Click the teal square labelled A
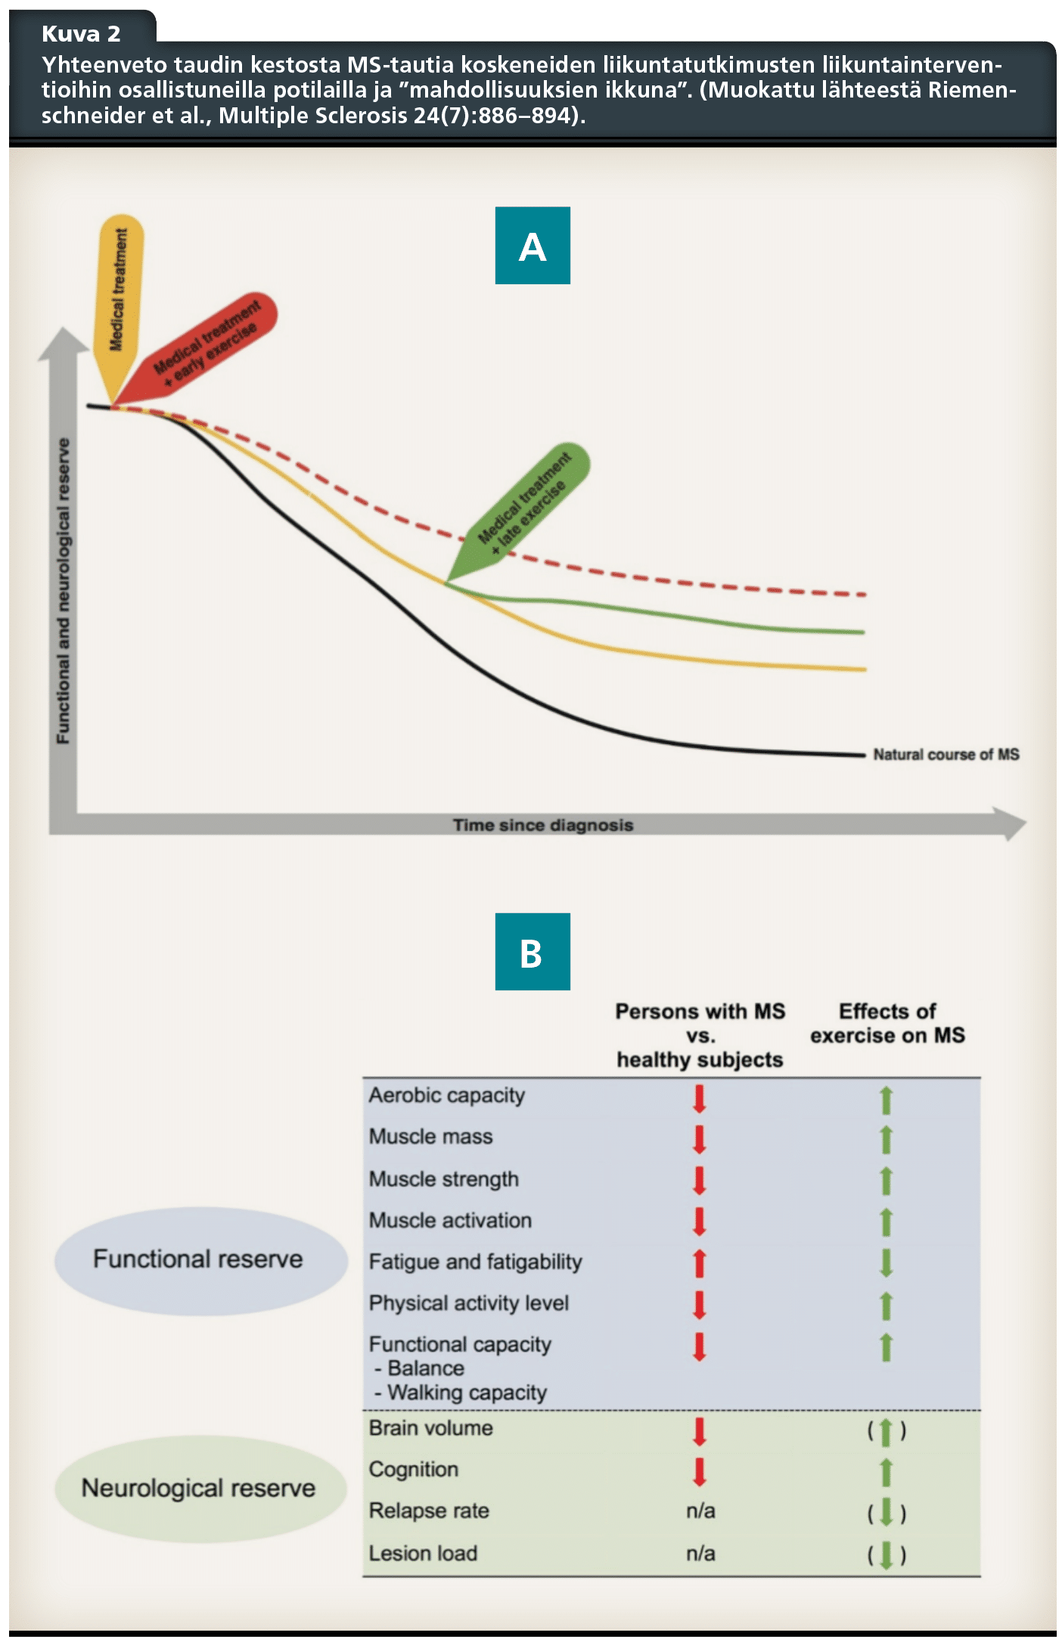[x=532, y=246]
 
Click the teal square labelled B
[x=532, y=952]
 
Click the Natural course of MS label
[x=946, y=754]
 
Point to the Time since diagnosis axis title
[x=542, y=825]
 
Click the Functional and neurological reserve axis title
[x=64, y=590]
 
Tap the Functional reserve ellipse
[x=199, y=1259]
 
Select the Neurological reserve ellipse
[x=199, y=1488]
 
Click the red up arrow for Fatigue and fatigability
[x=700, y=1263]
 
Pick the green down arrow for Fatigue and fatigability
[x=887, y=1263]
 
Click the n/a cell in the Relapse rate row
[x=700, y=1510]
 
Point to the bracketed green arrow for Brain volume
[x=887, y=1431]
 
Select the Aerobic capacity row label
[x=446, y=1095]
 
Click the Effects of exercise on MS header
[x=887, y=1024]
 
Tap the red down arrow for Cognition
[x=700, y=1471]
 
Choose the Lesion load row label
[x=423, y=1553]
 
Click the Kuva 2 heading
[x=81, y=34]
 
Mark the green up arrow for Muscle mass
[x=887, y=1139]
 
